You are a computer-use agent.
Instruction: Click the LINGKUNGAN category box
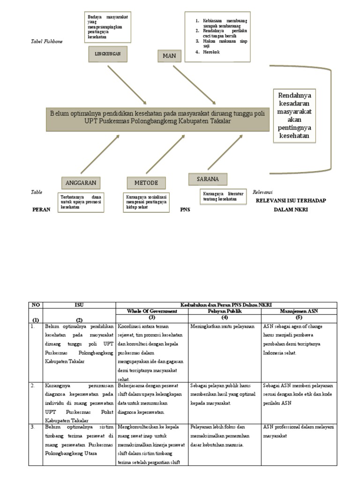tap(108, 54)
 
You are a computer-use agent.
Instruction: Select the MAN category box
tap(169, 56)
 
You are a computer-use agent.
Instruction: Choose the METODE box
tap(146, 182)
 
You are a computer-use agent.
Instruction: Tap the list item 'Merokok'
tap(211, 52)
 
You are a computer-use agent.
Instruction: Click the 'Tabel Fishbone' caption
tap(46, 42)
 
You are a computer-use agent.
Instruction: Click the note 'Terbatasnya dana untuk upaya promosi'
tap(81, 202)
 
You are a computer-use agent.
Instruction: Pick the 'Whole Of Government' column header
tap(152, 311)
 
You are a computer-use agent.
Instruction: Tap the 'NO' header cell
tap(36, 305)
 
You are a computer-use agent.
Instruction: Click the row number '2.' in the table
tap(33, 386)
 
